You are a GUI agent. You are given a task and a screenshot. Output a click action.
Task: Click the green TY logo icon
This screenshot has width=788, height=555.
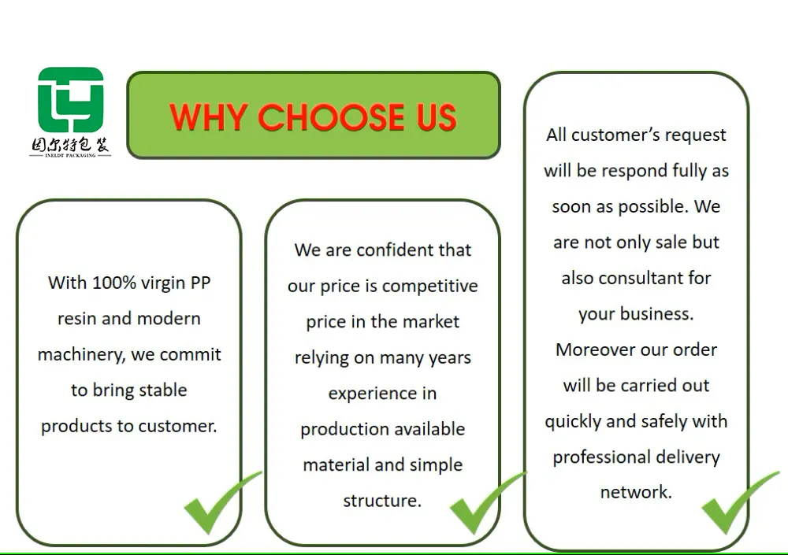[x=71, y=100]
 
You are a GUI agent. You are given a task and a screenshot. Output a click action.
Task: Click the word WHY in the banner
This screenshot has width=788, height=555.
[x=207, y=117]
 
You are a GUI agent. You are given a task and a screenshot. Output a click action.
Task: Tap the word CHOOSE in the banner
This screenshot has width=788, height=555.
[x=331, y=117]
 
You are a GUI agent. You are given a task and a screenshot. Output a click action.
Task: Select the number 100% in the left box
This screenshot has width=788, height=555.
[x=114, y=283]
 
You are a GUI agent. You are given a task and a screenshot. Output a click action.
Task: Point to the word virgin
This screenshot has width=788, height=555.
[x=163, y=283]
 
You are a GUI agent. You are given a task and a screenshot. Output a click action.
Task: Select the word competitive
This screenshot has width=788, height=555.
[x=429, y=287]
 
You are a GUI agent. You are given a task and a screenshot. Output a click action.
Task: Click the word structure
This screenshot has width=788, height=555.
[x=382, y=501]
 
